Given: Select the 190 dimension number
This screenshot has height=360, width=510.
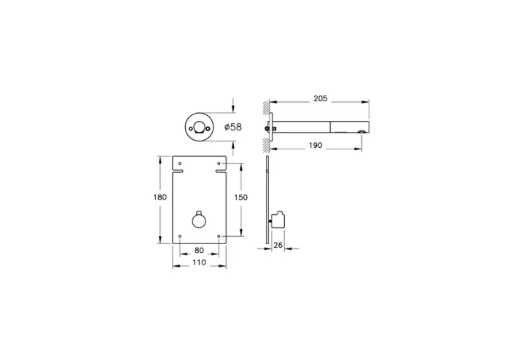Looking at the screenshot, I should [x=315, y=146].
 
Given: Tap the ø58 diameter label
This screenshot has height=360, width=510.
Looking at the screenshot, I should [x=234, y=127].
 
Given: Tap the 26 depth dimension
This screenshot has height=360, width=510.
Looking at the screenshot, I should [x=278, y=246].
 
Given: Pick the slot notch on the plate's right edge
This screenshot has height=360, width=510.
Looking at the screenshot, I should [x=222, y=173].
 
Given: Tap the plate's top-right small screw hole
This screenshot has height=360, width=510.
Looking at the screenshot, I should [x=219, y=161].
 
